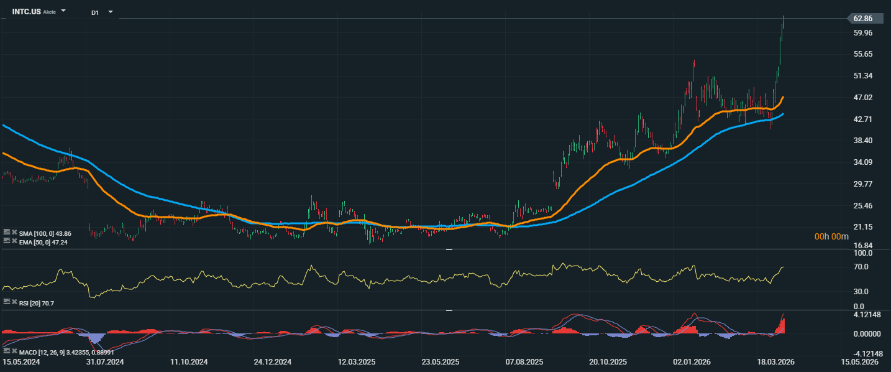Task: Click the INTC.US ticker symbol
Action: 26,11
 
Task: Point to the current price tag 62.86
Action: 863,19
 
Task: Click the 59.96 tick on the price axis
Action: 864,33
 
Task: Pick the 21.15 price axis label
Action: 864,227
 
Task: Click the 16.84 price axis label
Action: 864,246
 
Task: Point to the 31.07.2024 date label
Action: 105,361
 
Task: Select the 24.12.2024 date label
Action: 273,361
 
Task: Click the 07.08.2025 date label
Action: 524,361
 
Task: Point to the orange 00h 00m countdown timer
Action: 832,237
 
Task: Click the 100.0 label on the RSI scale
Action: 864,253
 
